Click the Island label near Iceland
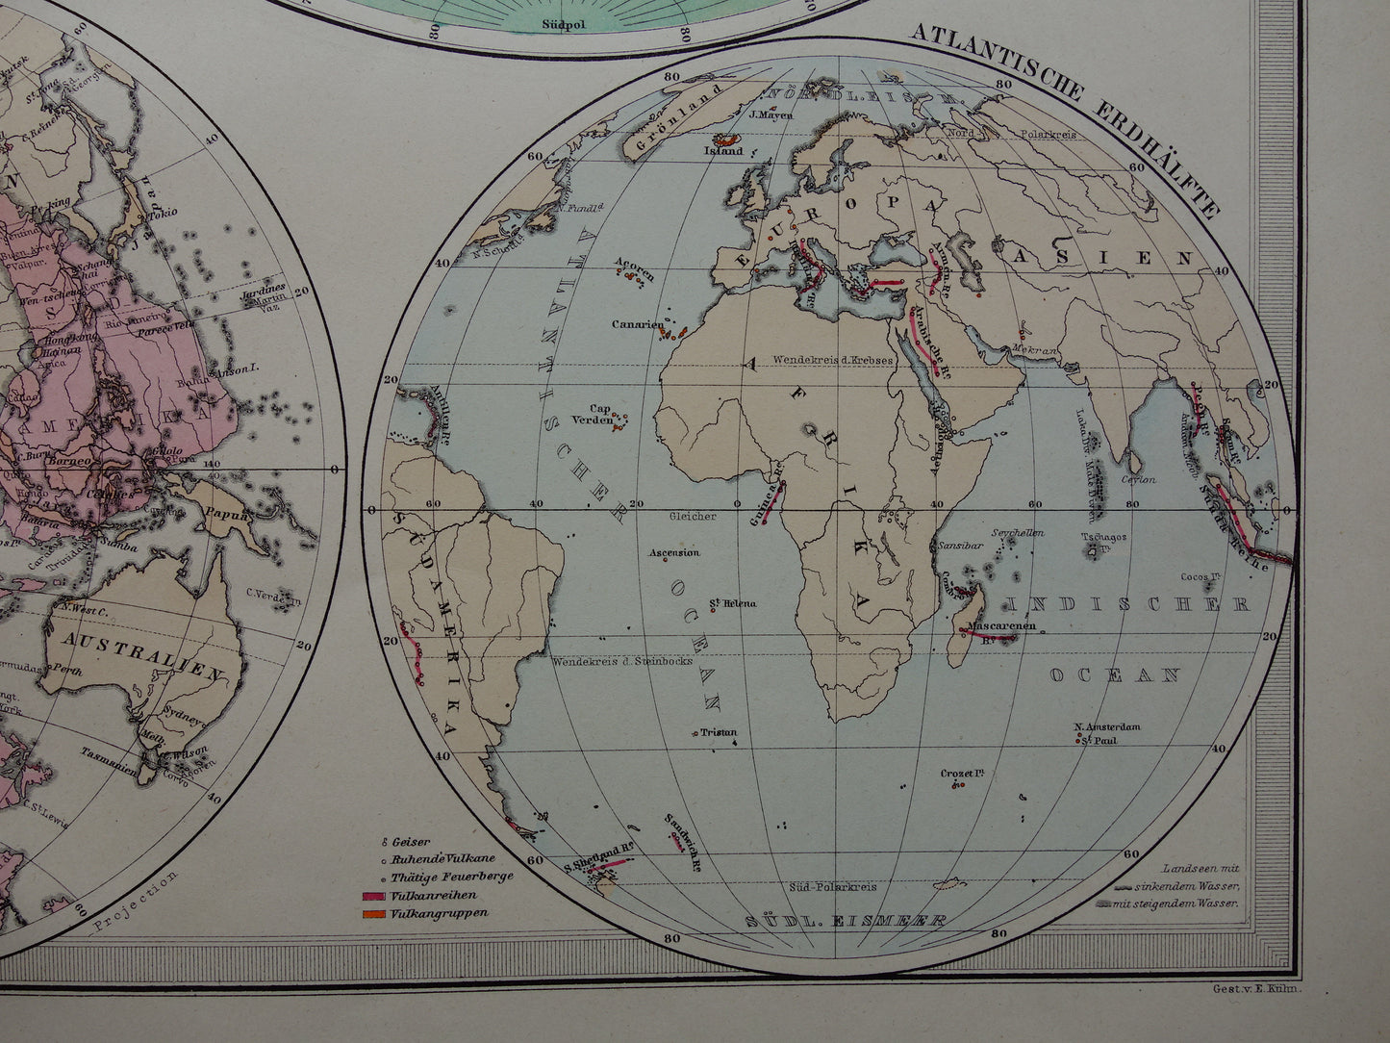pos(724,151)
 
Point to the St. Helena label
pos(733,603)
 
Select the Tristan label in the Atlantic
pos(719,732)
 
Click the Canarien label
pos(634,324)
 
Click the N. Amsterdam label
pos(1107,726)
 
